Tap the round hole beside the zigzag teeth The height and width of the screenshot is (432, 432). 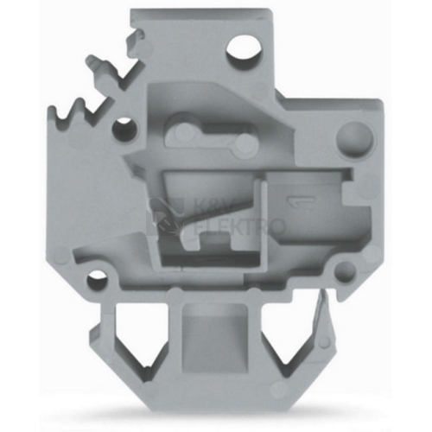[x=124, y=129]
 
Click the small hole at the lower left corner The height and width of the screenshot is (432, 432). [x=98, y=280]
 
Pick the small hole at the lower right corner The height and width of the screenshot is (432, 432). [x=346, y=271]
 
